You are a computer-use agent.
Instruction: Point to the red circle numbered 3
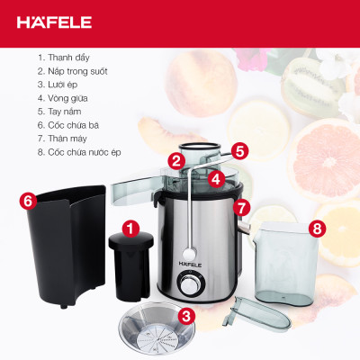coord(185,315)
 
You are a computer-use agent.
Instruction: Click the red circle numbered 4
coord(216,178)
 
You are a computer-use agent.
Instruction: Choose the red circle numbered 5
coord(240,149)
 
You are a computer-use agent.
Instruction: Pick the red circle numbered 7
coord(241,207)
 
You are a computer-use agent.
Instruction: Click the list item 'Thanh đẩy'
coord(64,58)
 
